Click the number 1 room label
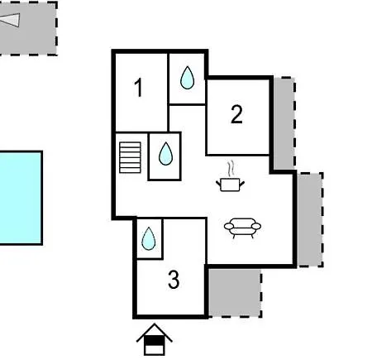pyautogui.click(x=139, y=88)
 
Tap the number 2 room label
pyautogui.click(x=236, y=114)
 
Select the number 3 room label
pyautogui.click(x=174, y=280)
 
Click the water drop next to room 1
pyautogui.click(x=187, y=78)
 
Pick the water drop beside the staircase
pyautogui.click(x=165, y=154)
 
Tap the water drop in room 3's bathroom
pyautogui.click(x=149, y=239)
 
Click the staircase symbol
pyautogui.click(x=130, y=157)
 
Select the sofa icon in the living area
pyautogui.click(x=242, y=228)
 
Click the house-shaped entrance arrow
pyautogui.click(x=155, y=339)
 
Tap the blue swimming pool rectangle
pyautogui.click(x=21, y=198)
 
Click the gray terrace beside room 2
pyautogui.click(x=284, y=123)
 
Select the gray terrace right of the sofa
pyautogui.click(x=310, y=219)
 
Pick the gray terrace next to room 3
pyautogui.click(x=235, y=293)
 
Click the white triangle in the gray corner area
pyautogui.click(x=11, y=20)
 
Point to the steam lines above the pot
pyautogui.click(x=231, y=169)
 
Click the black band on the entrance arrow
pyautogui.click(x=155, y=341)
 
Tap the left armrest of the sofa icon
pyautogui.click(x=229, y=227)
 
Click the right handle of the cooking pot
pyautogui.click(x=242, y=184)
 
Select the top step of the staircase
pyautogui.click(x=130, y=144)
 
